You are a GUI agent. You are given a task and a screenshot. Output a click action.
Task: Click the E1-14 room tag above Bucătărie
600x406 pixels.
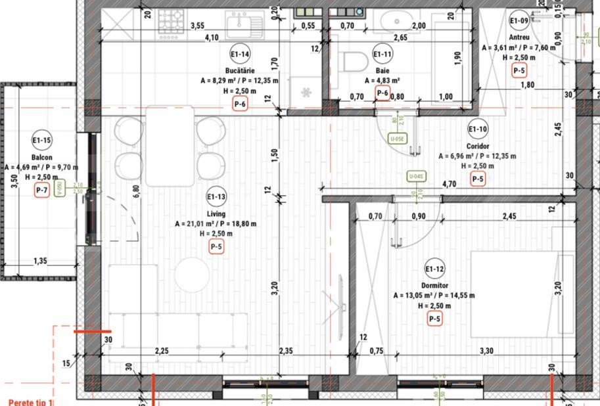[239, 55]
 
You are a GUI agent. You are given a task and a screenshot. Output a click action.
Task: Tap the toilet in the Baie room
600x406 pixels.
[355, 62]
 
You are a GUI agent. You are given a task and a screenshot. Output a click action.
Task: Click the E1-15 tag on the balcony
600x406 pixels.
[41, 140]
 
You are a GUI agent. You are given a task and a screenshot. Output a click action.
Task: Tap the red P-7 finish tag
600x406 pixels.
[41, 191]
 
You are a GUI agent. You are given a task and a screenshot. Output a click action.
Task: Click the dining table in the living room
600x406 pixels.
[170, 145]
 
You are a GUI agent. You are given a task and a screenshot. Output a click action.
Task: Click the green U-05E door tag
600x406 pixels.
[396, 139]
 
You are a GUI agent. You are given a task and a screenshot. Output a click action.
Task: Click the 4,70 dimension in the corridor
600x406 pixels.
[450, 185]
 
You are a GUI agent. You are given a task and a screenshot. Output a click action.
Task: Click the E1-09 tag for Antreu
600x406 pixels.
[519, 20]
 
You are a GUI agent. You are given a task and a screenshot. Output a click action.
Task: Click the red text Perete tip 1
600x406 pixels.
[30, 401]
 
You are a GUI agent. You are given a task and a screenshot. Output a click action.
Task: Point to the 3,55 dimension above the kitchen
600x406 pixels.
[196, 26]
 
